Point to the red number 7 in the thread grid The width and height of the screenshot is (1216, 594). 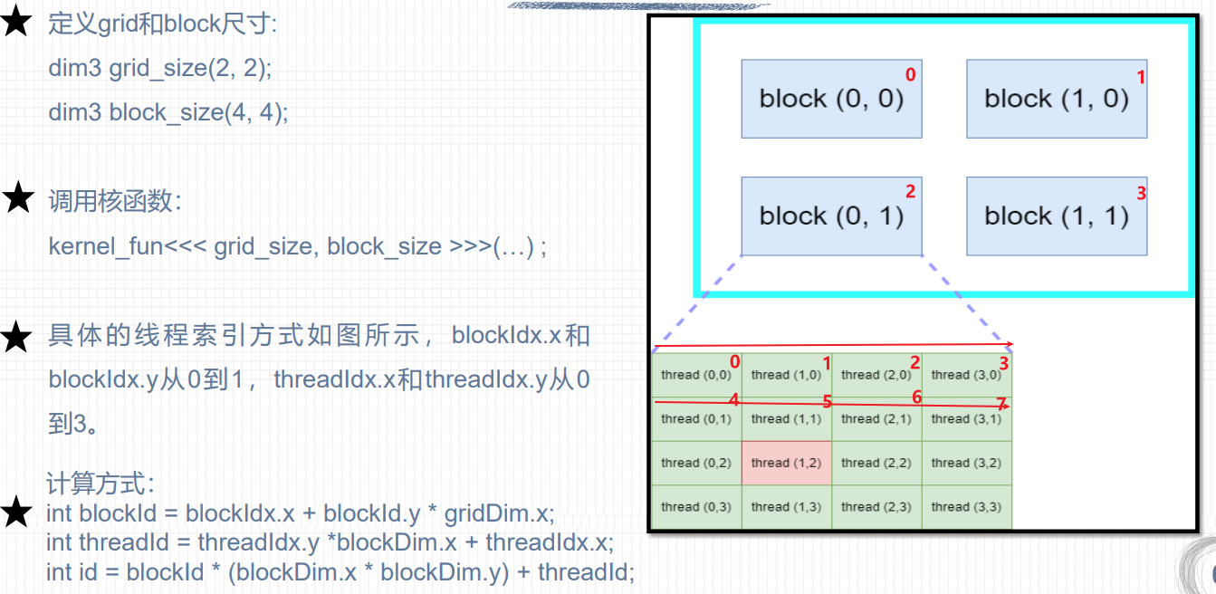[x=1001, y=403]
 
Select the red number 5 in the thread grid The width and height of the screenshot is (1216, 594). [x=828, y=401]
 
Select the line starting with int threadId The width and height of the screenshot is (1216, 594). [x=330, y=542]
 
